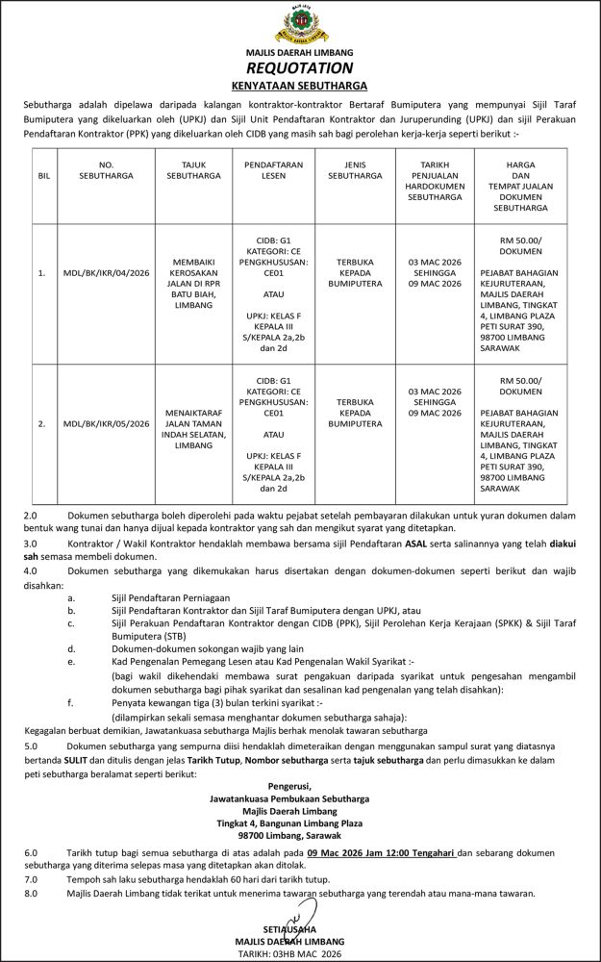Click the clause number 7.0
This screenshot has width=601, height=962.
(x=30, y=879)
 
